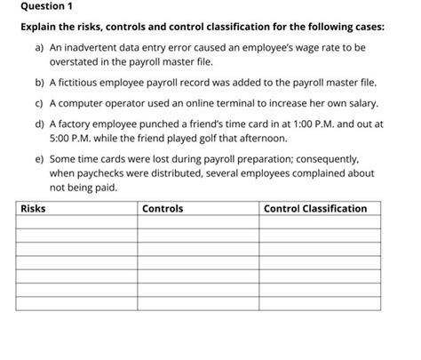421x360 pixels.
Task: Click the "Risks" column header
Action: [33, 208]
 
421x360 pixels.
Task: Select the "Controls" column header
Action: [162, 208]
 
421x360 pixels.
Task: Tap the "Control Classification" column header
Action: [315, 208]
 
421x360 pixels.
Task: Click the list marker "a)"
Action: [38, 44]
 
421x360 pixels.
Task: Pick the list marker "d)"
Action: [38, 125]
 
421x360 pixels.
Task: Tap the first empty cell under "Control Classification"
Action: [320, 223]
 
